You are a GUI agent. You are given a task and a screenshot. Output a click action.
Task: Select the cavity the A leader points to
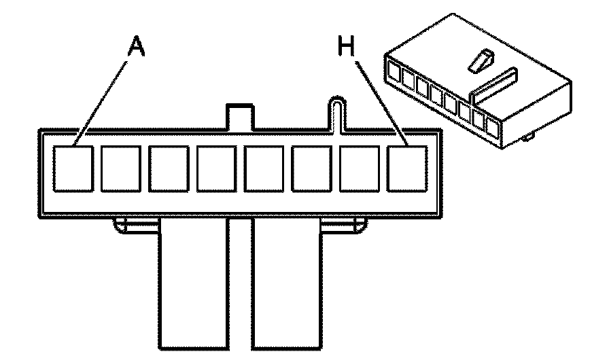point(73,167)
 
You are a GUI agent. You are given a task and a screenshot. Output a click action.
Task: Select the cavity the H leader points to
point(408,167)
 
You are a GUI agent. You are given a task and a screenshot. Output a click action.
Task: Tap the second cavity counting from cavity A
point(121,168)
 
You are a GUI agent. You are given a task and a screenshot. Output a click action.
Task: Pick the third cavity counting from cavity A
point(169,168)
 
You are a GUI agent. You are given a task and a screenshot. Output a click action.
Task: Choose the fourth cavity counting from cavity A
point(217,168)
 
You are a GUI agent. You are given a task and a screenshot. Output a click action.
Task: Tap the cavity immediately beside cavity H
point(360,168)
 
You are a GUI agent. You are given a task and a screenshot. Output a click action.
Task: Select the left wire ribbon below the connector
point(193,285)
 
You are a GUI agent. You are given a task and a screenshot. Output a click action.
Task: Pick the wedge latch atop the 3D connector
point(480,62)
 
